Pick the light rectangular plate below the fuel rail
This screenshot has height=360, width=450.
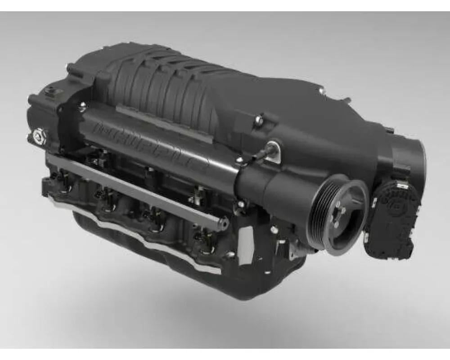pos(246,246)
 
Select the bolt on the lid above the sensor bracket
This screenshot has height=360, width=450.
pos(259,120)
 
